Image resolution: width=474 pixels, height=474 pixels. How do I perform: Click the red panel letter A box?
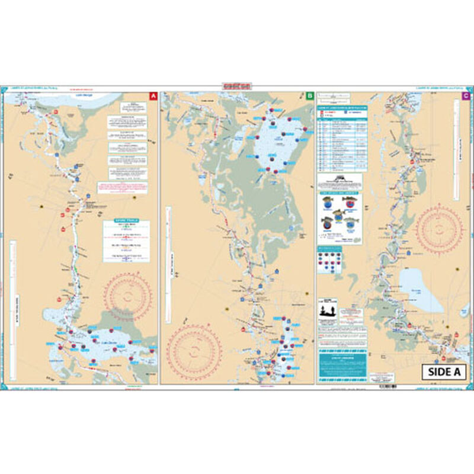(x=154, y=95)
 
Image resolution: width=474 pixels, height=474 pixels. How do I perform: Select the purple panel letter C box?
(x=466, y=95)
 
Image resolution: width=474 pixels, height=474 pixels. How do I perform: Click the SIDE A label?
(x=444, y=371)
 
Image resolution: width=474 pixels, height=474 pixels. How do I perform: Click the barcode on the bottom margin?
(x=388, y=386)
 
